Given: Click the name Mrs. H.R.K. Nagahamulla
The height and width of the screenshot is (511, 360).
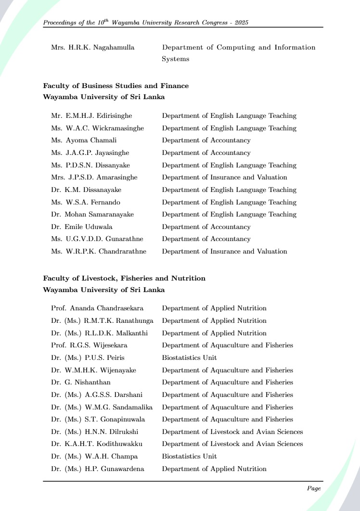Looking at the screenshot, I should click(93, 47).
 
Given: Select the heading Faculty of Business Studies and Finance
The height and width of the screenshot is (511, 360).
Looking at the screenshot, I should click(116, 86).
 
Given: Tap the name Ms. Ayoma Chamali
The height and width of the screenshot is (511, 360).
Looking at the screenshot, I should click(84, 141).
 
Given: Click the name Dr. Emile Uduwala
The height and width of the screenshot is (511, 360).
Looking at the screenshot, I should click(81, 227).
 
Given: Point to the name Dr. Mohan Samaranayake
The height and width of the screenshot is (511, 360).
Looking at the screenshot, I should click(92, 215).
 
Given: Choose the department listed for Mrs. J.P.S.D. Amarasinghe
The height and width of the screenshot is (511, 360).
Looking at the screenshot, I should click(224, 178).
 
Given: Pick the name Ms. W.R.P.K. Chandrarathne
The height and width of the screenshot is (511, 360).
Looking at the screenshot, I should click(99, 251).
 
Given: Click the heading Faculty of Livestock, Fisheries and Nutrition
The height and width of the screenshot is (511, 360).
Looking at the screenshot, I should click(124, 278).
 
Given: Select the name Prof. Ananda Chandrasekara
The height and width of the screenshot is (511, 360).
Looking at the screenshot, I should click(97, 308).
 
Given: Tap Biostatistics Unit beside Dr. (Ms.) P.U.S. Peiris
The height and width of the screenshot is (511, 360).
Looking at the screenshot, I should click(189, 358).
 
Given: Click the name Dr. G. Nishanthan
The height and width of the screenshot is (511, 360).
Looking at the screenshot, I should click(81, 382).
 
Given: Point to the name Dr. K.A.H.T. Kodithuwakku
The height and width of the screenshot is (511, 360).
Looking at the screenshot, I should click(97, 444).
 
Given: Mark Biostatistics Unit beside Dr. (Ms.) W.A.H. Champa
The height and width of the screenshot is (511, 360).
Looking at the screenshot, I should click(189, 456).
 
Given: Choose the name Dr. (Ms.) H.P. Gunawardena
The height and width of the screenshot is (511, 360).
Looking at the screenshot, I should click(98, 469).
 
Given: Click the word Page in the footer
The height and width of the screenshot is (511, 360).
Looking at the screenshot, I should click(314, 488).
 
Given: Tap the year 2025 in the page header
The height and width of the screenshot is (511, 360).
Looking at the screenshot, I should click(240, 23).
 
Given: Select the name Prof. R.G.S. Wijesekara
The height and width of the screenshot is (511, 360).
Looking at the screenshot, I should click(90, 345).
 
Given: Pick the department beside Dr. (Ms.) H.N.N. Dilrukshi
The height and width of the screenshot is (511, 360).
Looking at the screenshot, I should click(232, 432).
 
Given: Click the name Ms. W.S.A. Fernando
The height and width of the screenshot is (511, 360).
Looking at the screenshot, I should click(86, 202).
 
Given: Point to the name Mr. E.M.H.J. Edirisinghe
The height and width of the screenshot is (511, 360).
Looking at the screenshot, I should click(91, 116).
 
